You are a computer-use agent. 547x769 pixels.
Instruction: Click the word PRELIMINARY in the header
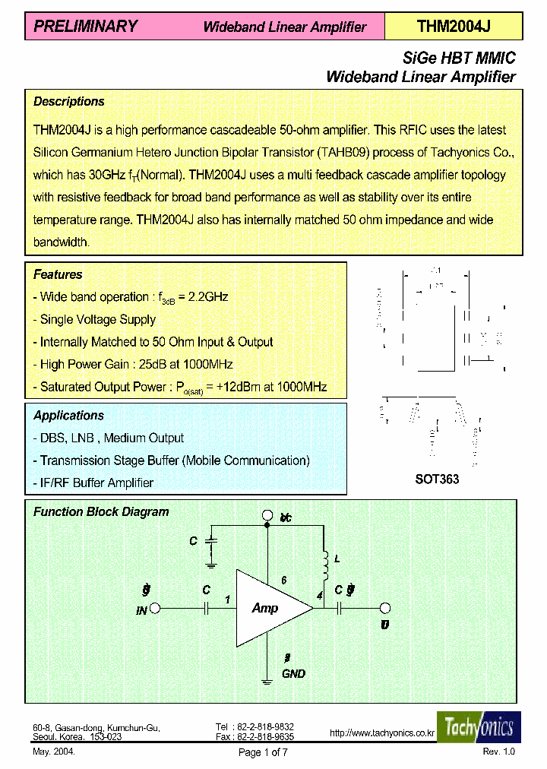(85, 27)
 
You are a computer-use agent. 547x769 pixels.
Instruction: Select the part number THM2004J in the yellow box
(454, 27)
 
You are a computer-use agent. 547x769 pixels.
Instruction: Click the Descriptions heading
(69, 102)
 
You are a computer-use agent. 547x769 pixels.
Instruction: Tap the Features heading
(58, 275)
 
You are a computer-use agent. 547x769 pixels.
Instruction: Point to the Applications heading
(68, 416)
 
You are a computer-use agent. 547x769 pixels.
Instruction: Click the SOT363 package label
(437, 480)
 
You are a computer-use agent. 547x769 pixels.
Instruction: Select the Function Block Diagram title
(101, 512)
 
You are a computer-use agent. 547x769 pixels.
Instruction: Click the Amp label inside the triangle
(265, 608)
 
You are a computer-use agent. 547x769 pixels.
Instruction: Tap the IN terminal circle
(155, 608)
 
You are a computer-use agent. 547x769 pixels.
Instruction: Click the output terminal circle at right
(385, 608)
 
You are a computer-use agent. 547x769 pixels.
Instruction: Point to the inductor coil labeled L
(324, 563)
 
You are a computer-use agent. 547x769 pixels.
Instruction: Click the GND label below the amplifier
(293, 673)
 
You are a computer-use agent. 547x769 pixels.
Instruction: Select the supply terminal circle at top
(267, 517)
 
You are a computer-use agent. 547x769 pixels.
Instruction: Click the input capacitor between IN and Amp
(207, 608)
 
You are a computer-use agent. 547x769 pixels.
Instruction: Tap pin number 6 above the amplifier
(284, 580)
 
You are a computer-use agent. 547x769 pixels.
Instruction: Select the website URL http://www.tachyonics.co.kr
(381, 733)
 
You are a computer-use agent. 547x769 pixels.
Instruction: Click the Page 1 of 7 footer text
(263, 752)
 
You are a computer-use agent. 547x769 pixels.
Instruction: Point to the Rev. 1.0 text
(498, 752)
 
